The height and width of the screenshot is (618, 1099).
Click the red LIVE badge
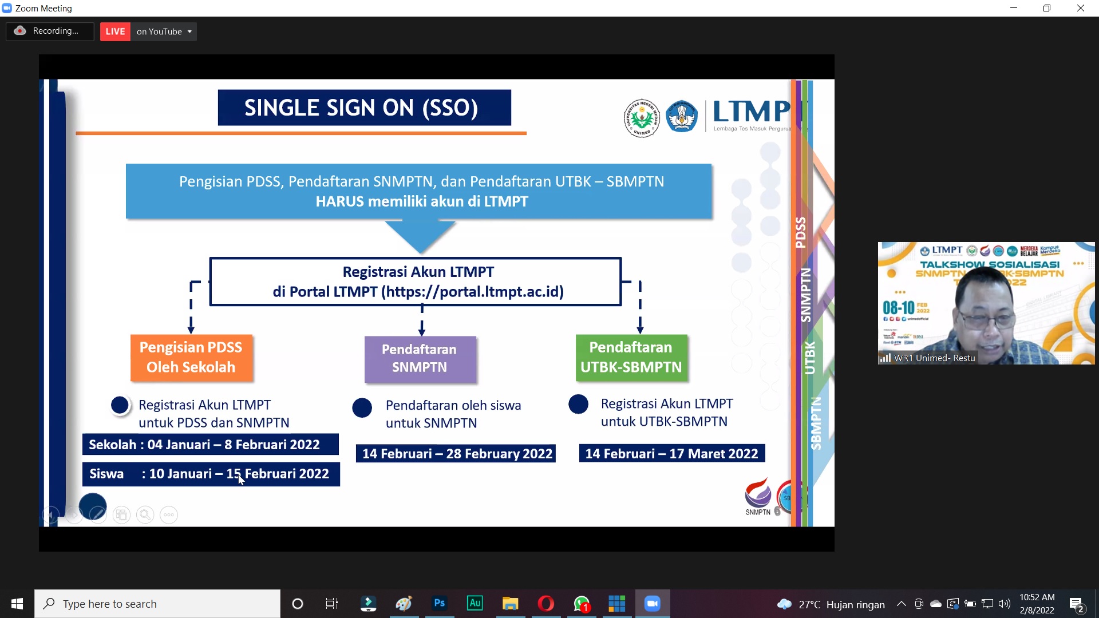tap(115, 31)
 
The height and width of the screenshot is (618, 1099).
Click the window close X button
tap(1080, 8)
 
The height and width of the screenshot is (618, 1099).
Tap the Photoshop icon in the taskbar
tap(439, 603)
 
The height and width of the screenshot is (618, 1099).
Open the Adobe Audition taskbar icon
tap(475, 603)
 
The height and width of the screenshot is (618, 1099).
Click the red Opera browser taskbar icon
tap(545, 603)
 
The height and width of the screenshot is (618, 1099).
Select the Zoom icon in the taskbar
tap(652, 603)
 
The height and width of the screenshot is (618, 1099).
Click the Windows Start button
tap(17, 603)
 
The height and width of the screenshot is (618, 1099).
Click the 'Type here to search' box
tap(157, 603)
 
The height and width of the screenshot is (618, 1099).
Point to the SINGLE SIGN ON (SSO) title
tap(364, 108)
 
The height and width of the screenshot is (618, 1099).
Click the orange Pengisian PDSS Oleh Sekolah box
tap(191, 358)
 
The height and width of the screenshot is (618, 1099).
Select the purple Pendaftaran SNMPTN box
tap(420, 359)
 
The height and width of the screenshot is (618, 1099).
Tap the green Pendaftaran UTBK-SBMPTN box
tap(631, 358)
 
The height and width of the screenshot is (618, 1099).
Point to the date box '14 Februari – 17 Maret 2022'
tap(671, 454)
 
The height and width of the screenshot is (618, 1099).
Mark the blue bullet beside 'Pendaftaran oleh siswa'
tap(362, 408)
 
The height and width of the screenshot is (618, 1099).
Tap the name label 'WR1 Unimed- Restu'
tap(934, 358)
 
